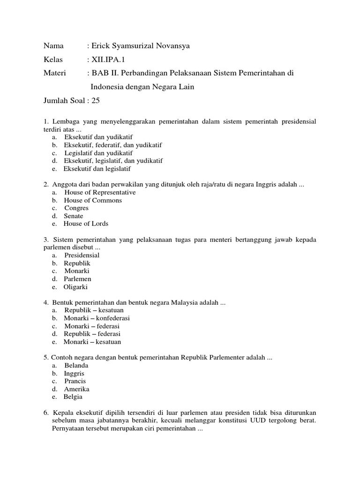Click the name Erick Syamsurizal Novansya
click(141, 46)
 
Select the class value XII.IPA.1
click(109, 60)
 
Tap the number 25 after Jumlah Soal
click(96, 100)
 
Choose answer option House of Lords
click(86, 224)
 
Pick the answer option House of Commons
click(93, 200)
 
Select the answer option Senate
click(74, 216)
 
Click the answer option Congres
click(76, 208)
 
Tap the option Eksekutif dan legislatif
click(97, 169)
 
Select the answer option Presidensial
click(82, 255)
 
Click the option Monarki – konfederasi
click(97, 318)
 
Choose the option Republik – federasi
click(92, 334)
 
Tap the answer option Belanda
click(76, 366)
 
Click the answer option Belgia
click(73, 397)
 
